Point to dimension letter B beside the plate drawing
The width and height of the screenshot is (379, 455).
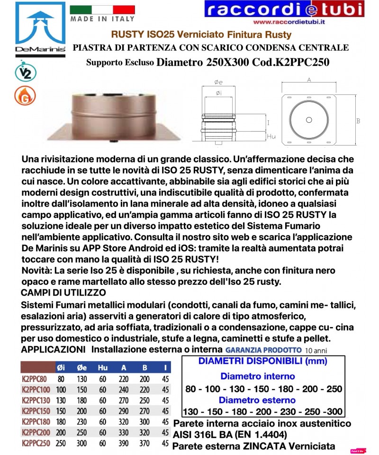click(x=359, y=121)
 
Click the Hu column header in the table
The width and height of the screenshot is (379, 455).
click(x=103, y=367)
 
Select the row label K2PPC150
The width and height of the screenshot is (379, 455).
click(x=36, y=411)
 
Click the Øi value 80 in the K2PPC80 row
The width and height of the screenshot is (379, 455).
click(x=61, y=379)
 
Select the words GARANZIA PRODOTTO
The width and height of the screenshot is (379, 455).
click(x=263, y=349)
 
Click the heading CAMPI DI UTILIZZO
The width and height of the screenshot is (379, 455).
click(x=64, y=292)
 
